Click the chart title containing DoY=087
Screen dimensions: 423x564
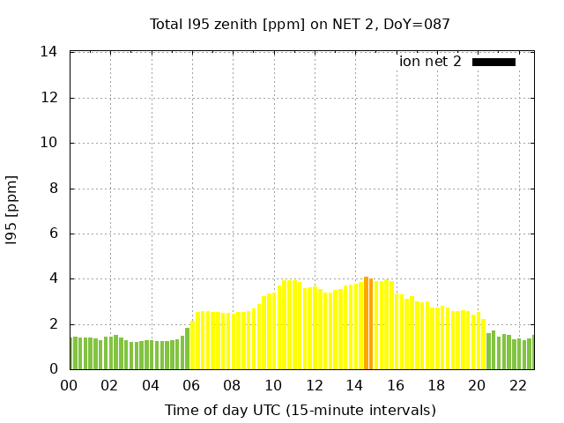300,24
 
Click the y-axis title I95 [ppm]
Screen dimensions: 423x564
12,211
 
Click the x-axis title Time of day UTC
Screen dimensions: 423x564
300,410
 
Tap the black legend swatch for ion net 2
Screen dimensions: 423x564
493,62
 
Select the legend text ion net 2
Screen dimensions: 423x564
430,62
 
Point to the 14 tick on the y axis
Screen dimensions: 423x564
49,52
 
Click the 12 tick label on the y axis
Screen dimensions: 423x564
49,98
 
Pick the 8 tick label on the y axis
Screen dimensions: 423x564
54,189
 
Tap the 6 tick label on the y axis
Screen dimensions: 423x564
54,234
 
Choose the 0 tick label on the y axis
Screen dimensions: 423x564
54,369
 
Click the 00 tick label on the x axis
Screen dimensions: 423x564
69,386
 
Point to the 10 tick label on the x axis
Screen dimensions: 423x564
273,386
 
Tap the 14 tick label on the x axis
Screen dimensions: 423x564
355,386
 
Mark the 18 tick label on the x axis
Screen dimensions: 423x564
436,386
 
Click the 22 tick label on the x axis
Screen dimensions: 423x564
518,386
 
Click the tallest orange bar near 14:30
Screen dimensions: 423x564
366,323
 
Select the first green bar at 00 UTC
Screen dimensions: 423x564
71,353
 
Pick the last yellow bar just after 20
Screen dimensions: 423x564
483,345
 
